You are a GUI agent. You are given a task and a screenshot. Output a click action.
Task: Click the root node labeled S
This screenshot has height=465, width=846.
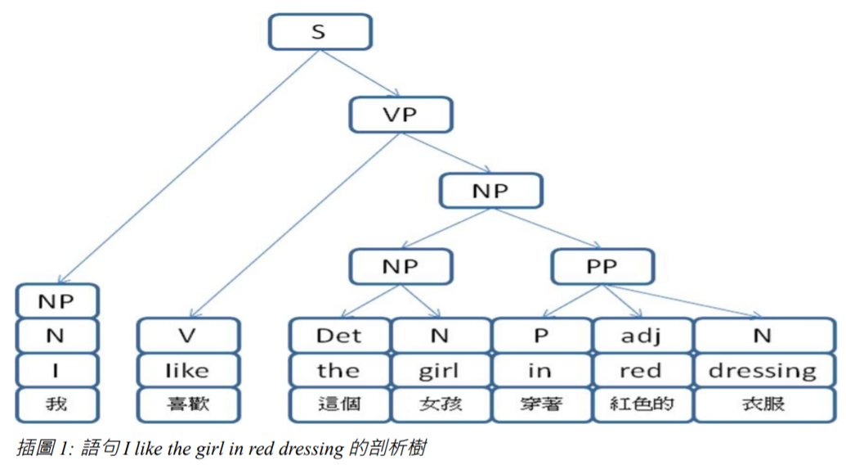click(319, 32)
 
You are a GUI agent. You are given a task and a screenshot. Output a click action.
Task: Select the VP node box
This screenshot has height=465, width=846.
click(400, 115)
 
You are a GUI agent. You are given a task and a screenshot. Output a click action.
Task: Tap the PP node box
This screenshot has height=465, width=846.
click(602, 266)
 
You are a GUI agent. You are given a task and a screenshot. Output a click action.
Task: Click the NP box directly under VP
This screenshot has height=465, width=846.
click(490, 191)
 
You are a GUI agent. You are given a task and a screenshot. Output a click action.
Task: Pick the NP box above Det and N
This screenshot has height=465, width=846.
click(400, 266)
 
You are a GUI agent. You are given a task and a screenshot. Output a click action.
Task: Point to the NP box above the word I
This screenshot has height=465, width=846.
click(56, 300)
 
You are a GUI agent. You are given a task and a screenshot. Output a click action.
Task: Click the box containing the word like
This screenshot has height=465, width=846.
click(188, 370)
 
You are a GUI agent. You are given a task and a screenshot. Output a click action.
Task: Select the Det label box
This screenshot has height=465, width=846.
click(339, 336)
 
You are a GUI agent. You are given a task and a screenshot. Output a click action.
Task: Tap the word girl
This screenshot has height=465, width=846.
click(440, 370)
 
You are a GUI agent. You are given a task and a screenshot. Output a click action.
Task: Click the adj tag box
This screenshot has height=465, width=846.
click(641, 336)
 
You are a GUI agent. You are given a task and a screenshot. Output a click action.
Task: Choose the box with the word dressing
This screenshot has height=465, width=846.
click(763, 370)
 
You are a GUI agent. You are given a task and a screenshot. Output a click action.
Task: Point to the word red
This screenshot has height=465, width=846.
click(641, 370)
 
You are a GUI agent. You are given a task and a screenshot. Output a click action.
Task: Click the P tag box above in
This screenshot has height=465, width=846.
click(540, 336)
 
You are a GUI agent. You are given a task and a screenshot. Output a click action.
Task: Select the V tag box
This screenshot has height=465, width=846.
click(188, 336)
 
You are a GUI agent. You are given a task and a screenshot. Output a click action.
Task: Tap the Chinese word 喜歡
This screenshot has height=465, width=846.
click(188, 404)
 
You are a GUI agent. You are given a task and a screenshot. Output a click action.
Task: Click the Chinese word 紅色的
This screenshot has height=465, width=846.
click(641, 404)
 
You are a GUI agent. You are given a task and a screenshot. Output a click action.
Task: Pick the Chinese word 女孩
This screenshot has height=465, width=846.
click(440, 404)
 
